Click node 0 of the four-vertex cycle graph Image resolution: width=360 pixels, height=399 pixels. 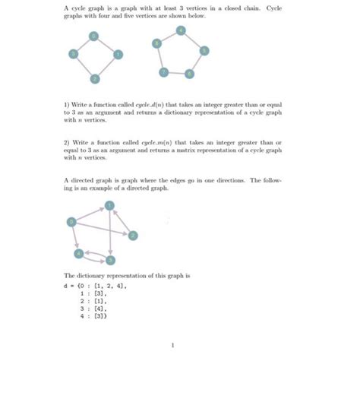click(x=93, y=36)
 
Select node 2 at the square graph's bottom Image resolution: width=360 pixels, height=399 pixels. click(x=95, y=78)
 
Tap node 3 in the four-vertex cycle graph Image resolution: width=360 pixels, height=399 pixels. click(x=73, y=54)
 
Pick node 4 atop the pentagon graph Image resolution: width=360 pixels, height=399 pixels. click(x=180, y=30)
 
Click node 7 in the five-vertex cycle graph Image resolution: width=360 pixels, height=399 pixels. click(x=163, y=71)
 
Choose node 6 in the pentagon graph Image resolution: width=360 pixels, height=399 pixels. click(x=190, y=74)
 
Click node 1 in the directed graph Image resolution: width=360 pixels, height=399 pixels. click(x=110, y=205)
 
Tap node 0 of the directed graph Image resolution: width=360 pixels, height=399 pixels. click(x=71, y=221)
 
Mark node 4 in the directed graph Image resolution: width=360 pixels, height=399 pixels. click(x=79, y=252)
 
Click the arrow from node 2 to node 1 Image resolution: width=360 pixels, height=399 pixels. click(x=122, y=220)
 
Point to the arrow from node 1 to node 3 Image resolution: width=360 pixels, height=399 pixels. click(x=111, y=232)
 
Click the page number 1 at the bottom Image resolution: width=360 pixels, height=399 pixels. click(x=174, y=347)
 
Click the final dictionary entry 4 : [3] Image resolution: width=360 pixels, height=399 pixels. click(x=89, y=317)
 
